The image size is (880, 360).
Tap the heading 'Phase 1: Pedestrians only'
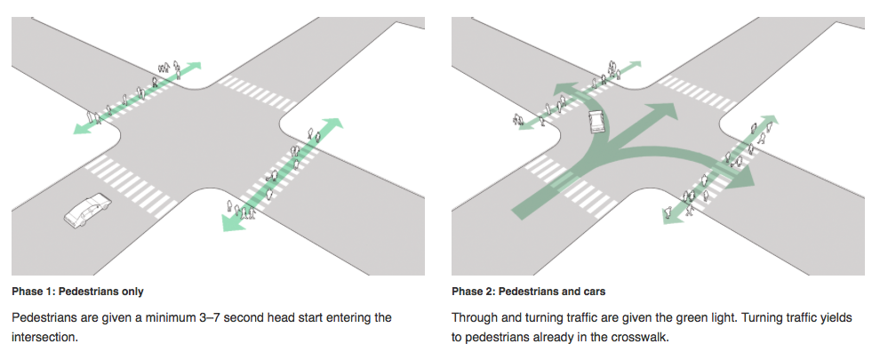pyautogui.click(x=77, y=292)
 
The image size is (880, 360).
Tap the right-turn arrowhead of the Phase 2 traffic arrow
pyautogui.click(x=744, y=177)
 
